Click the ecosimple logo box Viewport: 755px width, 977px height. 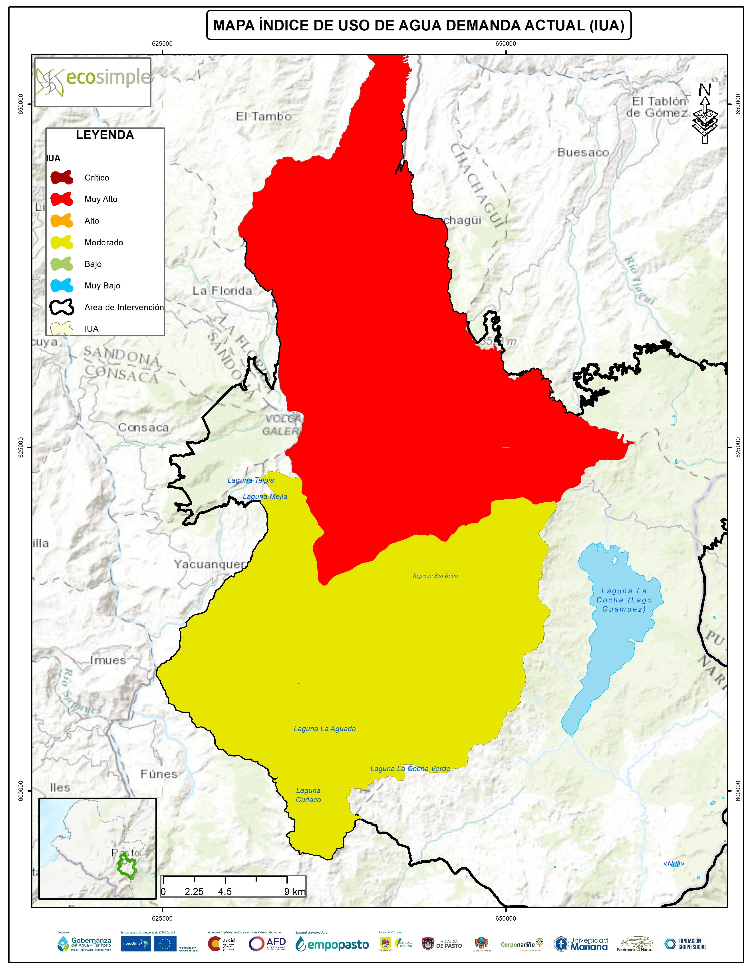tap(93, 82)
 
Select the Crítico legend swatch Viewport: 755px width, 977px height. tap(62, 178)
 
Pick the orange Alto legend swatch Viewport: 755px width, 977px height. tap(62, 220)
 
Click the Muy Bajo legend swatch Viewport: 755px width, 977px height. tap(62, 285)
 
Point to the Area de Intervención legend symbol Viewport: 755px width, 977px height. tap(62, 307)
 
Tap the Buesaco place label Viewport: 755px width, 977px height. tap(583, 153)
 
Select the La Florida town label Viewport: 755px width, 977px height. tap(222, 291)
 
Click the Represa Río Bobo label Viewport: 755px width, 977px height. tap(435, 576)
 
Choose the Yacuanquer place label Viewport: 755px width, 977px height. tap(210, 564)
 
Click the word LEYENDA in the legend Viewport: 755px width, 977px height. tap(105, 135)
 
